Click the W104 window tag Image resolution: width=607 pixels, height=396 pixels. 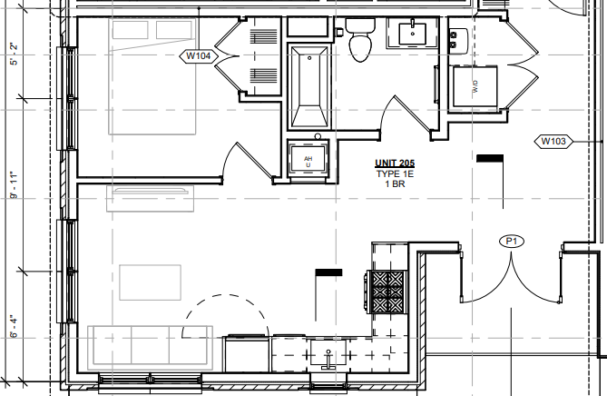pyautogui.click(x=199, y=56)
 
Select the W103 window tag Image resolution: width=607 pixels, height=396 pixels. pyautogui.click(x=553, y=142)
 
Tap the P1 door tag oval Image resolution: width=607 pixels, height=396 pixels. pyautogui.click(x=512, y=242)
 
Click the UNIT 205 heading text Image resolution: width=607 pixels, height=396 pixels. pyautogui.click(x=395, y=163)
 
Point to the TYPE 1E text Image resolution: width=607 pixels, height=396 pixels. pyautogui.click(x=395, y=174)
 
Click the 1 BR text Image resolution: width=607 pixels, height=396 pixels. pyautogui.click(x=395, y=184)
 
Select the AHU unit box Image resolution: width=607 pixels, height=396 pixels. pyautogui.click(x=308, y=159)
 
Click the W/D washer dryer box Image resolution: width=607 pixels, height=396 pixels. pyautogui.click(x=475, y=86)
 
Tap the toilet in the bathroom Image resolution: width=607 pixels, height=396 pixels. pyautogui.click(x=360, y=40)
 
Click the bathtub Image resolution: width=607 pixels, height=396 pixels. pyautogui.click(x=309, y=87)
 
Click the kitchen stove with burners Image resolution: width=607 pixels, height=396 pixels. pyautogui.click(x=387, y=292)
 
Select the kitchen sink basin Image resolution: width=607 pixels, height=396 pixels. pyautogui.click(x=328, y=352)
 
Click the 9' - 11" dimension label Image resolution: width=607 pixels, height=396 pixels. pyautogui.click(x=15, y=185)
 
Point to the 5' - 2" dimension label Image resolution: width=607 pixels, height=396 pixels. pyautogui.click(x=15, y=54)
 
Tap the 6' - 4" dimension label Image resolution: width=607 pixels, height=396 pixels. pyautogui.click(x=15, y=326)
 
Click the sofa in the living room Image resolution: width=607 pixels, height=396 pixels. pyautogui.click(x=151, y=348)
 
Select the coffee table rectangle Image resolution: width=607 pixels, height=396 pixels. pyautogui.click(x=151, y=282)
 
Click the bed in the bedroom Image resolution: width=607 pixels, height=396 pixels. pyautogui.click(x=152, y=76)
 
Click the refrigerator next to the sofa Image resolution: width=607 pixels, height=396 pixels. pyautogui.click(x=246, y=353)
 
